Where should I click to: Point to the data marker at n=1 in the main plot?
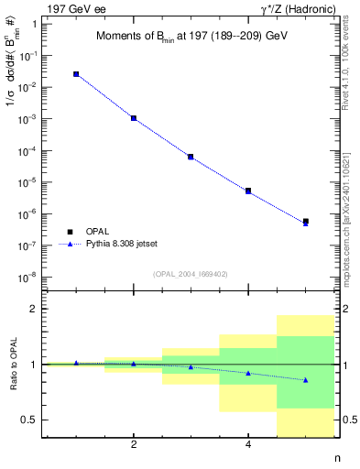tap(76, 74)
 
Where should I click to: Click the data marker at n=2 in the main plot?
tap(134, 118)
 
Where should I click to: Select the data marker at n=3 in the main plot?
tap(191, 157)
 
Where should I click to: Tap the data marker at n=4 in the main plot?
tap(248, 191)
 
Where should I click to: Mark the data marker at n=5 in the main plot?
tap(305, 222)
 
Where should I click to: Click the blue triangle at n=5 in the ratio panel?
tap(305, 379)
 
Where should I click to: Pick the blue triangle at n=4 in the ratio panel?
tap(248, 373)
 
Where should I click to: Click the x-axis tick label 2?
tap(134, 445)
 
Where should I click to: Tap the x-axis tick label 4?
tap(248, 445)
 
